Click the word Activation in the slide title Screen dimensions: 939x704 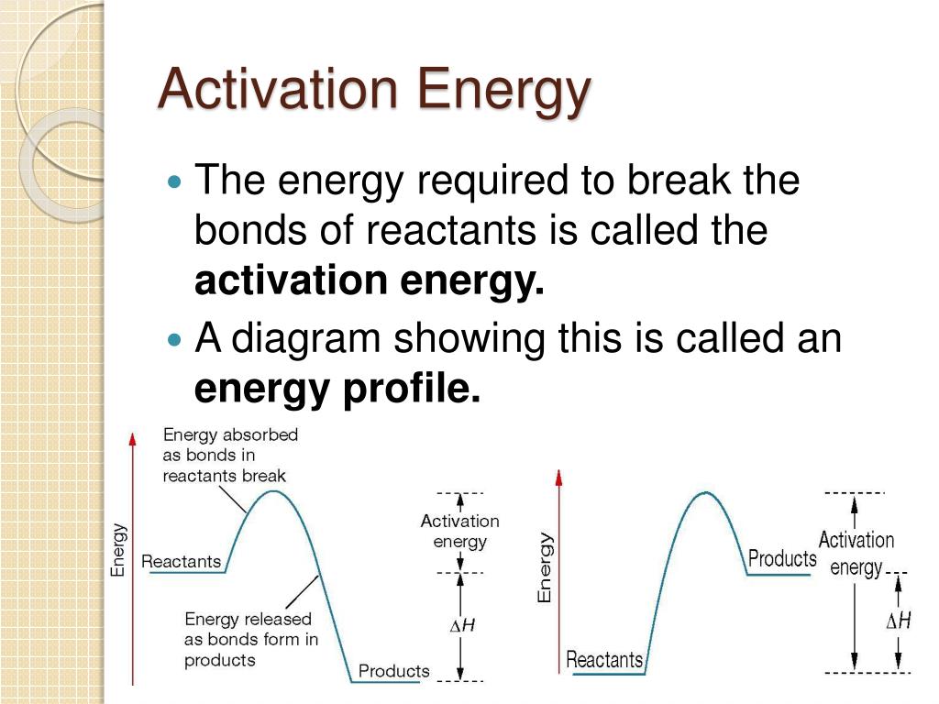point(278,89)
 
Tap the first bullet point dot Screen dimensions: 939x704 point(174,181)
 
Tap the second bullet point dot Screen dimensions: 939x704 point(174,340)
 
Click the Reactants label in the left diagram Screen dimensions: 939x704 point(181,562)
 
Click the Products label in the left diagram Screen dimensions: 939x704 point(394,670)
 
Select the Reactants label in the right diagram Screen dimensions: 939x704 point(604,660)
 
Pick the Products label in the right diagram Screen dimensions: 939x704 point(782,558)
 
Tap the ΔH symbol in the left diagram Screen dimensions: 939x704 point(462,625)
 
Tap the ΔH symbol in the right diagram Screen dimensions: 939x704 point(899,621)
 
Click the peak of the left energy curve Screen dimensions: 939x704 point(273,491)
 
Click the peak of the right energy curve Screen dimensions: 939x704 point(706,492)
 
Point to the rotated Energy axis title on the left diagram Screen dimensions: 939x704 point(118,550)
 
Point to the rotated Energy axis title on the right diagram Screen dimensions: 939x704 point(544,566)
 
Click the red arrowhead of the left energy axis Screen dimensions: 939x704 point(133,439)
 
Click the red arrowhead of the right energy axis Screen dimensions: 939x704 point(558,477)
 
